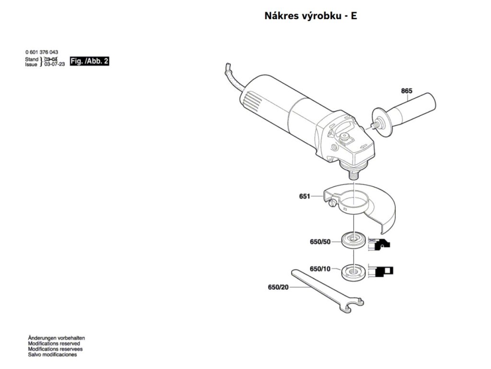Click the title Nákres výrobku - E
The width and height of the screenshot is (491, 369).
[x=311, y=16]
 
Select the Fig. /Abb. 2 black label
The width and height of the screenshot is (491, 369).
[x=90, y=61]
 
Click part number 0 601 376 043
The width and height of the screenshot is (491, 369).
[x=42, y=52]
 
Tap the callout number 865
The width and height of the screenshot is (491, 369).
[x=407, y=91]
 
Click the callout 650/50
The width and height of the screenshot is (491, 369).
[x=320, y=242]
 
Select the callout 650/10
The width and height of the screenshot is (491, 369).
[x=320, y=269]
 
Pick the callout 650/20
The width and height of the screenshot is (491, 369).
[x=278, y=288]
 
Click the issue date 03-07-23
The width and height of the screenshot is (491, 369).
[x=55, y=64]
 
